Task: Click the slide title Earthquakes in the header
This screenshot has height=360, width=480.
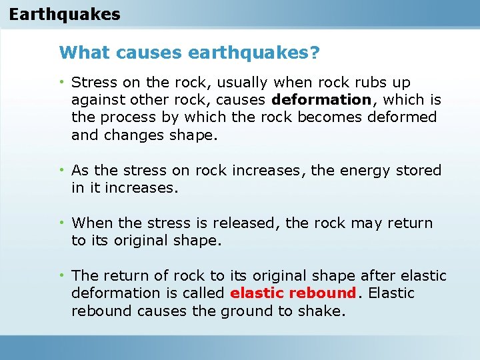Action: (x=65, y=14)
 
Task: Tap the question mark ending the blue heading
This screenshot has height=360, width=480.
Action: (x=314, y=52)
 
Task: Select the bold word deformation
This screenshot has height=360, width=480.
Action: (x=321, y=100)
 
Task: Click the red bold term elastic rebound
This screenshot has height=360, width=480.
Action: (x=293, y=293)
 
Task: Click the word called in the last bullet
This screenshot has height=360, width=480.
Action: (x=203, y=293)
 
